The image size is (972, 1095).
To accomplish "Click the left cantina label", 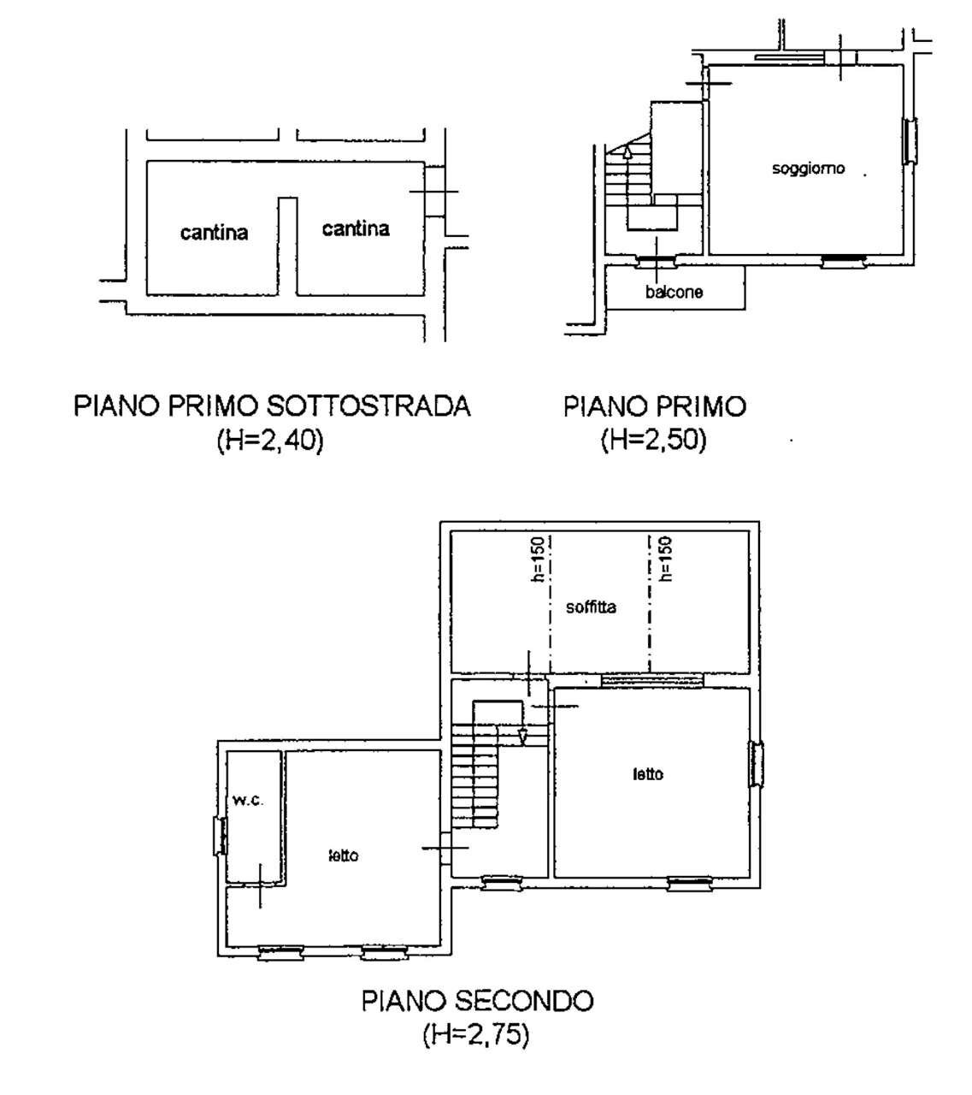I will [x=214, y=232].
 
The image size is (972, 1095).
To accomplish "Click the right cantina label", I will [x=356, y=228].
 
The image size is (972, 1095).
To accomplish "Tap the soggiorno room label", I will [x=808, y=169].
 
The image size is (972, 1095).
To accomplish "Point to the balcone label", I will [x=675, y=292].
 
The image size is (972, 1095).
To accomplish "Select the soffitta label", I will [x=592, y=607].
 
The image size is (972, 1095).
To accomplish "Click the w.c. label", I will [x=248, y=801].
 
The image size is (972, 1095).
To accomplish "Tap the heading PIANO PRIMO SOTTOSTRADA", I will [x=273, y=405].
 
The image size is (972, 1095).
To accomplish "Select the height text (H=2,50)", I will [x=654, y=441].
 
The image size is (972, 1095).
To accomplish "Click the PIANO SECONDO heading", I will [x=478, y=1000].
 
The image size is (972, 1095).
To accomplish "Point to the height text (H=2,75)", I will [x=476, y=1035].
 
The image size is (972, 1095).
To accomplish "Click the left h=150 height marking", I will [x=538, y=559].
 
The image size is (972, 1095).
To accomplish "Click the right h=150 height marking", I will [x=665, y=559].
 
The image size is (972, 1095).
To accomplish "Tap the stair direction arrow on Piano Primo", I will [x=628, y=152].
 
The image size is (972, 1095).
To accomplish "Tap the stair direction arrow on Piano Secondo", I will [x=523, y=735].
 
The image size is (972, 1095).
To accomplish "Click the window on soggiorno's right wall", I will [x=912, y=139].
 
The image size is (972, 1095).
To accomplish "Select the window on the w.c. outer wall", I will [x=220, y=836].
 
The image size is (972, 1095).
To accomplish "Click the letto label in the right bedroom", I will [x=648, y=774].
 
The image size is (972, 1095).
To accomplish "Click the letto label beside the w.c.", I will [x=344, y=855].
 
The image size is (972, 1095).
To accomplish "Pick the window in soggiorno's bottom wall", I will [x=845, y=261].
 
